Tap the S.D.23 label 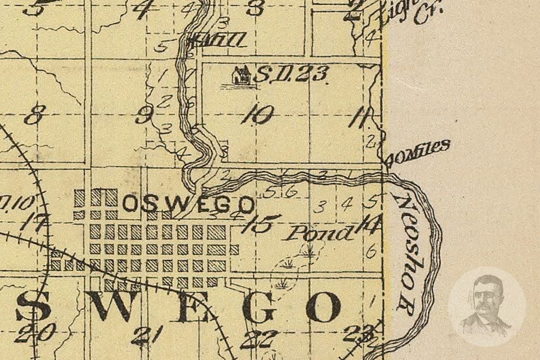290,74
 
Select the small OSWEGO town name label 188,205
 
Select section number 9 144,115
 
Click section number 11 360,118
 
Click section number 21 148,335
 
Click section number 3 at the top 256,8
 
